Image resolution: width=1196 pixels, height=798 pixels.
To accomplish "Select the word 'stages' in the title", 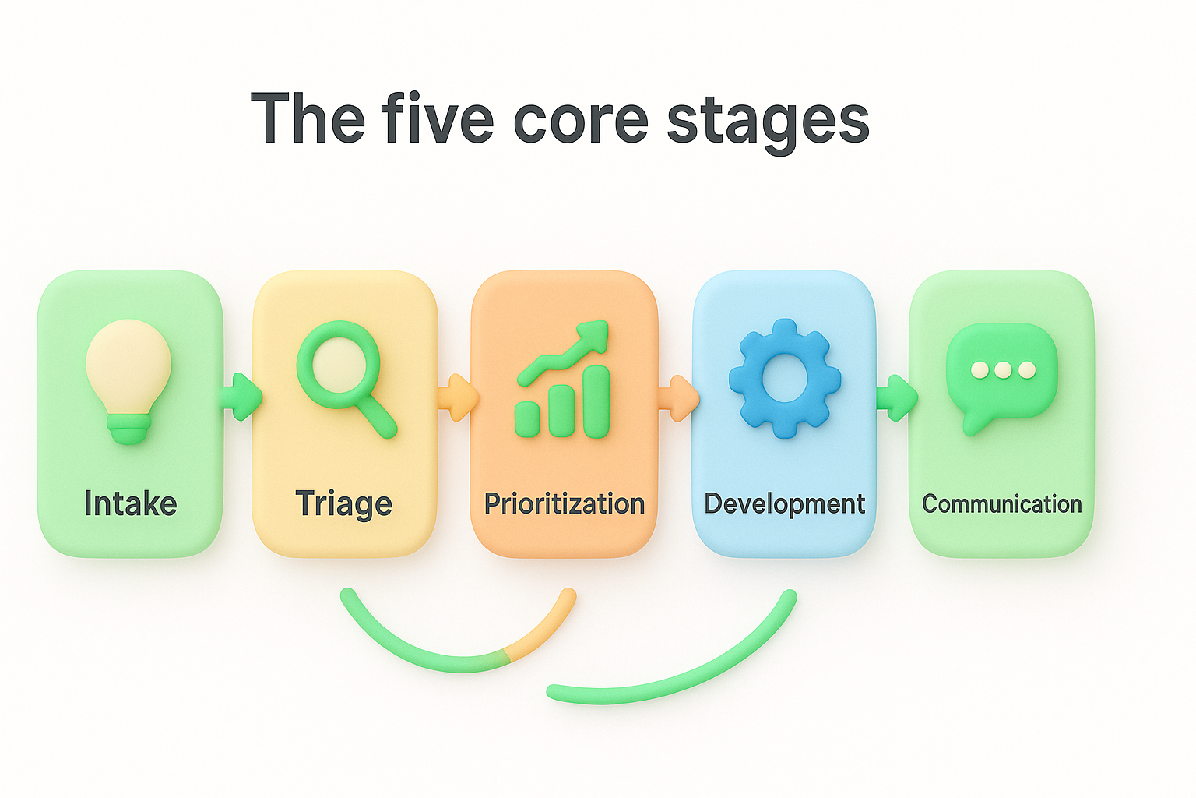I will (x=768, y=121).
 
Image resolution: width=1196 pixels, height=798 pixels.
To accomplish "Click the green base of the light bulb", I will (x=129, y=428).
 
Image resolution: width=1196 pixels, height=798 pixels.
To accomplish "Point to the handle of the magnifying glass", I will (x=378, y=417).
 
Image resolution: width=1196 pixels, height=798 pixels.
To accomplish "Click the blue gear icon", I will (x=784, y=378).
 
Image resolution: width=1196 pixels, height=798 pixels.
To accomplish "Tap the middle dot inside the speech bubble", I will (x=1003, y=369).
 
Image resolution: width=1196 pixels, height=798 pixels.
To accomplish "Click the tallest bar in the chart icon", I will (x=596, y=401).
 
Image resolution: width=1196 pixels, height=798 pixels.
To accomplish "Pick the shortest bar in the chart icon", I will (x=527, y=418).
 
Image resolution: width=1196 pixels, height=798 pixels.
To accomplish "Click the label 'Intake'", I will (x=131, y=503).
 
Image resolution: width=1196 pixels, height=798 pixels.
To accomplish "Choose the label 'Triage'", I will (x=343, y=504).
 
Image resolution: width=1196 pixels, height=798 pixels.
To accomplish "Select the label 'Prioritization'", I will (x=565, y=503).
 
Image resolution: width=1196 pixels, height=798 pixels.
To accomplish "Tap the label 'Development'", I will (x=784, y=503).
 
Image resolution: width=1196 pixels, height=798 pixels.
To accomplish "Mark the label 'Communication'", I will (x=1001, y=503).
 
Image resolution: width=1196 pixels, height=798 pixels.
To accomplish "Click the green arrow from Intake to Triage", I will (x=241, y=397).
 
